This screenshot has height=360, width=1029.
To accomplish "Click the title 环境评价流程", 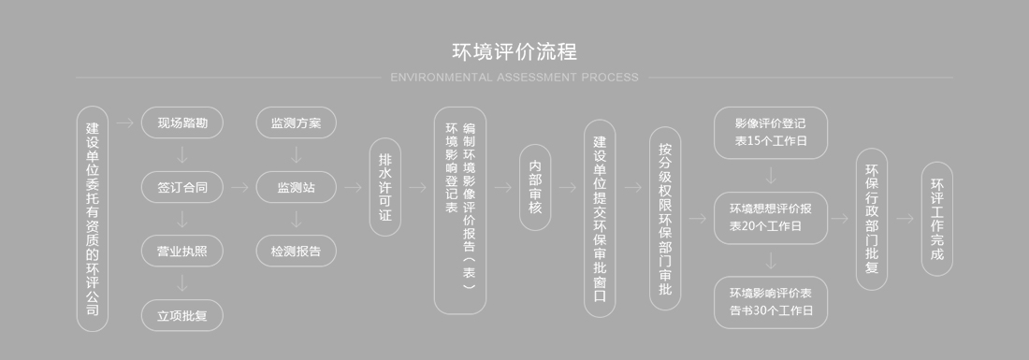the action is point(514,50).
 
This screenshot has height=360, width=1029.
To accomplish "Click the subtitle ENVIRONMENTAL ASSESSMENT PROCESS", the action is point(514,78).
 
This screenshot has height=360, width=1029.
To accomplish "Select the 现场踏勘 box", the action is point(182,122).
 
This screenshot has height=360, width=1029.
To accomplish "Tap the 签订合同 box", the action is point(182,187).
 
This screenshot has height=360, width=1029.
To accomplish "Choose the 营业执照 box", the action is point(182,251).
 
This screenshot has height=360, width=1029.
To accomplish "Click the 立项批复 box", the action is point(182,315).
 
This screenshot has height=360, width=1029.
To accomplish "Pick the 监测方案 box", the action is point(296,122).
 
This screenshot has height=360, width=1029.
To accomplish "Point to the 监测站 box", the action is point(296,187).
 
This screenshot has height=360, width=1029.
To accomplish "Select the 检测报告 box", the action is point(296,251).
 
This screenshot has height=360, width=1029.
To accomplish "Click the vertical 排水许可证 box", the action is point(384,187).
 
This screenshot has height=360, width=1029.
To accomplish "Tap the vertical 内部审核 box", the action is point(535,187).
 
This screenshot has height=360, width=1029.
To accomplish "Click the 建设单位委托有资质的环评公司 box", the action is point(92,219).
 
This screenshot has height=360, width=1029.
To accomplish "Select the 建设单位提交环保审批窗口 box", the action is point(601,219).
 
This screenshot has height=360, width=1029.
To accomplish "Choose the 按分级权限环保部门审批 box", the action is point(665,219).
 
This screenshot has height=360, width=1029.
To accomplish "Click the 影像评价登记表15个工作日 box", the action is point(771,133).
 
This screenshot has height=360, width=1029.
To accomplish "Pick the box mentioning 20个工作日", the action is point(771,218).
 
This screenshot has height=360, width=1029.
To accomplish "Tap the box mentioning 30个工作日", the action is point(771,302).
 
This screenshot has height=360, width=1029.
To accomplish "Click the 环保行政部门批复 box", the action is point(872,219).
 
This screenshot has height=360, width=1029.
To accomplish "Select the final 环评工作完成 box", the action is point(937,219).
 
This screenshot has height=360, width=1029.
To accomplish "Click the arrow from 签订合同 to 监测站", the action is point(239,187).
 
